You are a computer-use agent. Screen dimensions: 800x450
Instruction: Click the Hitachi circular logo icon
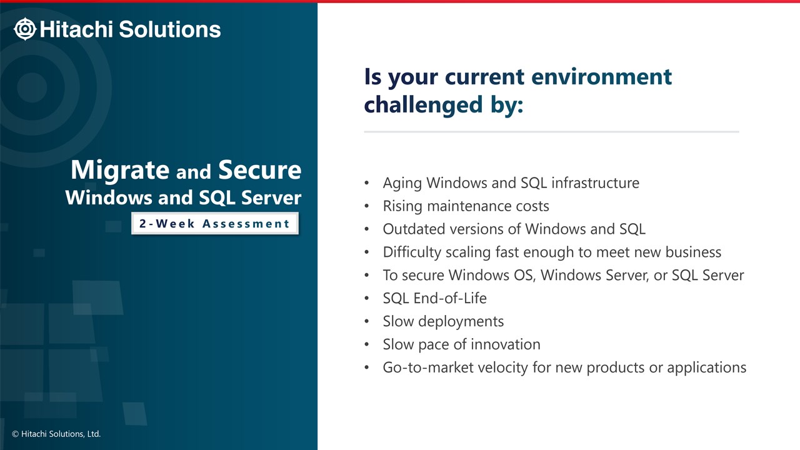pos(24,29)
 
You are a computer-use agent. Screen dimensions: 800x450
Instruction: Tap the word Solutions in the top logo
pos(169,29)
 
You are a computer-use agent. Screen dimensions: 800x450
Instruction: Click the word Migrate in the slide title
pos(120,170)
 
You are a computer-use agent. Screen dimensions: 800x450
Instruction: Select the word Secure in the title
pos(259,169)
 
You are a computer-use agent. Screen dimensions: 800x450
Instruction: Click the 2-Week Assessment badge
pos(214,224)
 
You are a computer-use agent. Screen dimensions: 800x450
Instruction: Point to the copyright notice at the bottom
pos(56,434)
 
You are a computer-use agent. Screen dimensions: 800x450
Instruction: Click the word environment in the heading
pos(601,77)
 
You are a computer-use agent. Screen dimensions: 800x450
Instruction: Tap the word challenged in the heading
pos(423,105)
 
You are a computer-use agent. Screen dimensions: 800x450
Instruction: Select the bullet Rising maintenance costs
pos(466,206)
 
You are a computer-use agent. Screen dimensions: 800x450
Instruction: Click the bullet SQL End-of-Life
pos(434,298)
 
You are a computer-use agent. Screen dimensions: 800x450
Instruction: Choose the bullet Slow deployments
pos(443,321)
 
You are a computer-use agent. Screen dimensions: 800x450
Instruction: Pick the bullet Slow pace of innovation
pos(461,344)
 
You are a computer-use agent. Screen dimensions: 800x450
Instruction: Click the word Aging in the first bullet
pos(402,183)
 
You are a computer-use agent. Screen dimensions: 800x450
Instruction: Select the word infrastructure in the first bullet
pos(596,183)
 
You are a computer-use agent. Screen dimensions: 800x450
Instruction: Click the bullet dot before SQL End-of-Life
pos(366,299)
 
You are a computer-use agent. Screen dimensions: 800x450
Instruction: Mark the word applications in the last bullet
pos(706,368)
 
